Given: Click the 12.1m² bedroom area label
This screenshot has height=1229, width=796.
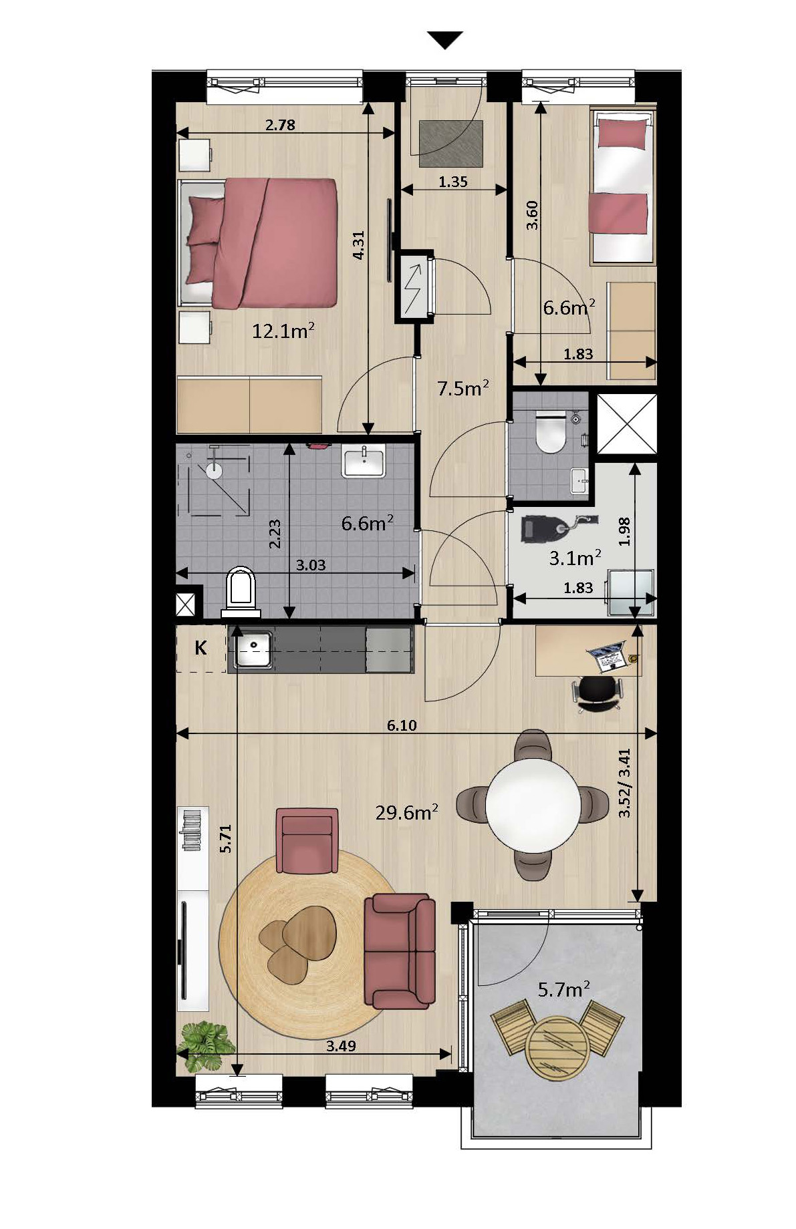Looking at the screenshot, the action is tap(283, 330).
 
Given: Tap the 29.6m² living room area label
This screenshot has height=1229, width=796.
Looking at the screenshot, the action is tap(406, 812).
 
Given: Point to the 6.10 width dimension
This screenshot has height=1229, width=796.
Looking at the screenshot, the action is tap(402, 725).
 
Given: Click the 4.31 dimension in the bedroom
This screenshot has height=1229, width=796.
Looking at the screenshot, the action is tap(358, 245).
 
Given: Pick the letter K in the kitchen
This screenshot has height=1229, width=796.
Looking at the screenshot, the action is tap(200, 647).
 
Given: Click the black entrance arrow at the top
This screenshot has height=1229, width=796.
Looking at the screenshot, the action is tap(445, 40).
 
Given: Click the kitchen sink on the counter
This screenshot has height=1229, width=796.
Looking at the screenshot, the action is tap(252, 649).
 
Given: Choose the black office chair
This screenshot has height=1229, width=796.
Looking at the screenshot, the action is tap(598, 694).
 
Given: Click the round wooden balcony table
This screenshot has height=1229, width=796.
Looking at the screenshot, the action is tap(555, 1047).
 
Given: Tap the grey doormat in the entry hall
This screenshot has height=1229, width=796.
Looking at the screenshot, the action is tap(451, 144).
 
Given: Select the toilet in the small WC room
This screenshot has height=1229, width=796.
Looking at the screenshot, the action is tap(551, 431).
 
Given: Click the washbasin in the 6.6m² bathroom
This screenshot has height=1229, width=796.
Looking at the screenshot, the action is tap(364, 462).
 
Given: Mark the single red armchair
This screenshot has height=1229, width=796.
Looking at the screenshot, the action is tap(307, 840).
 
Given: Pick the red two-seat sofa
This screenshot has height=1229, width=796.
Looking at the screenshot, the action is tap(400, 951).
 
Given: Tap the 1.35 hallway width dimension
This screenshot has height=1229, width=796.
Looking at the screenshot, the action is tap(453, 181).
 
